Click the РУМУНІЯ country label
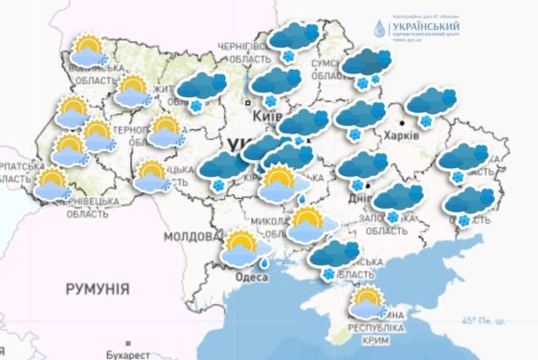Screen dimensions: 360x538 [98, 288]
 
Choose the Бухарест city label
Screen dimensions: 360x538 [127, 354]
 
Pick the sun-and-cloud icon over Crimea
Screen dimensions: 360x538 [367, 303]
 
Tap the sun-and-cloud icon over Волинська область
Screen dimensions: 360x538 [88, 50]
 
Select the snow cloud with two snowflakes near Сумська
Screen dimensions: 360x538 [366, 65]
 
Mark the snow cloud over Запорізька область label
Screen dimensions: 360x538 [398, 201]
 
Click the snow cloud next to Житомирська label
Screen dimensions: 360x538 [201, 89]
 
